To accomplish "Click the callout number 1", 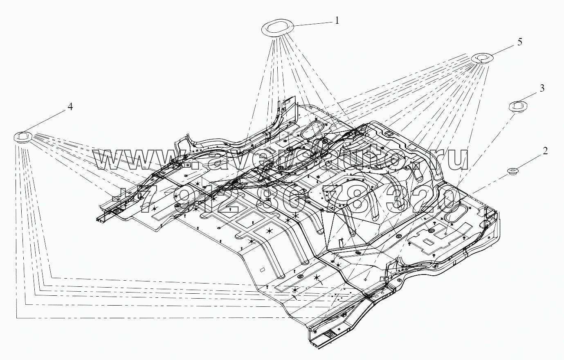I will [337, 20].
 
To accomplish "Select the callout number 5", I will [519, 42].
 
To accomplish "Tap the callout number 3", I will [542, 88].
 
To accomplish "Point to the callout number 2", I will [545, 151].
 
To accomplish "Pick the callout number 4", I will [70, 107].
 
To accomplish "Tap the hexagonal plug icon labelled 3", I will [517, 106].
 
